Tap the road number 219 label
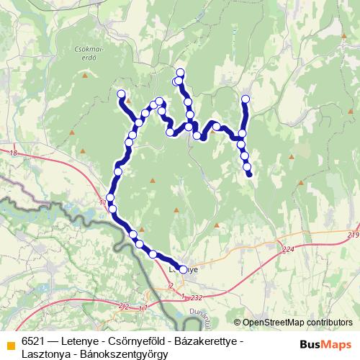click(351, 235)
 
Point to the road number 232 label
click(197, 297)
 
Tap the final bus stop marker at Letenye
click(183, 269)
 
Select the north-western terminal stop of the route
click(121, 93)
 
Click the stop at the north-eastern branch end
click(246, 99)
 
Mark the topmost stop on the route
click(180, 72)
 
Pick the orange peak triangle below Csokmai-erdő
click(86, 75)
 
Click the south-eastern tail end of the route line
click(249, 174)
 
